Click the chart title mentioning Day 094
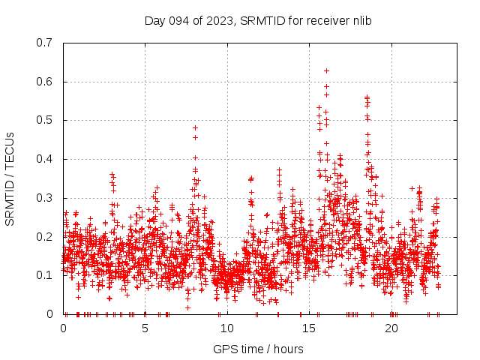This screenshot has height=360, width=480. (x=258, y=20)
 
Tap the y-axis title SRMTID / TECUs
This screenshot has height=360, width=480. (x=10, y=178)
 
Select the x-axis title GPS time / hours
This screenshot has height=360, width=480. (x=258, y=349)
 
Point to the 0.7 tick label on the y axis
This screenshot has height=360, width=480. (x=45, y=43)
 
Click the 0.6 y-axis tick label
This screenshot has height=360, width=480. (x=45, y=82)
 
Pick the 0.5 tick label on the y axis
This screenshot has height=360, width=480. (x=45, y=120)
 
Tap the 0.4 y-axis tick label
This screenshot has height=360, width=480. (x=45, y=159)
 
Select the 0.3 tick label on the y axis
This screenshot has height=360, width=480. (x=45, y=198)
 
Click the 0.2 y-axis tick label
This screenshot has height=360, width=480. (x=45, y=236)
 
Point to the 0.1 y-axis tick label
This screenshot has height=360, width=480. (x=45, y=275)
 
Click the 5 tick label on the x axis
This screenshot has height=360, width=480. (x=145, y=328)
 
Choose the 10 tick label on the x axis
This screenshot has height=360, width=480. (x=227, y=328)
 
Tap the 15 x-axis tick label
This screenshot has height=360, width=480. (x=309, y=328)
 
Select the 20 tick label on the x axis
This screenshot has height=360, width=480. (x=391, y=328)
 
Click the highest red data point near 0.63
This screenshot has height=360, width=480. (x=326, y=70)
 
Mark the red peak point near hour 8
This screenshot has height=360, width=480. (x=195, y=127)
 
